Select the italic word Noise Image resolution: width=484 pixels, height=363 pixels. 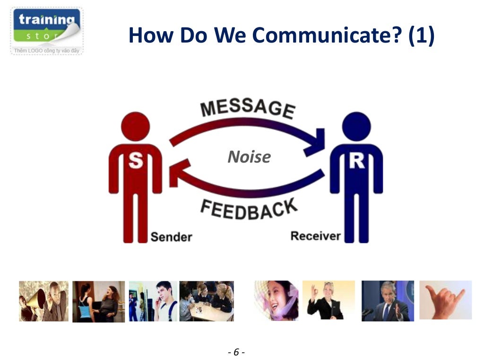[x=249, y=157]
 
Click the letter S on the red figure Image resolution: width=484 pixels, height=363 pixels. [x=136, y=161]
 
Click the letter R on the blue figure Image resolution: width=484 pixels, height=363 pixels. [x=356, y=161]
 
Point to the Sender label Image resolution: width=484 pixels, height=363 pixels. [x=171, y=237]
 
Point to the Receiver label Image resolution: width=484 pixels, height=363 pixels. [x=315, y=235]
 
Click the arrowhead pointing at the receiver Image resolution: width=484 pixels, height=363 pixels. [x=316, y=142]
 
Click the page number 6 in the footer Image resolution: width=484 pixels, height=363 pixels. [x=236, y=352]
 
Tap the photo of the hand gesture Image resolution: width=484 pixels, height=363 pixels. [x=445, y=300]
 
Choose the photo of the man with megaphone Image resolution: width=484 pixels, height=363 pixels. [x=43, y=301]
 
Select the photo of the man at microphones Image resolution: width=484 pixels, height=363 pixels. [x=388, y=301]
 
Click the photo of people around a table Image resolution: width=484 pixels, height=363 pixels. [x=206, y=301]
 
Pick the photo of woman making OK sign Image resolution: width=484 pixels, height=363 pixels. [x=328, y=300]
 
